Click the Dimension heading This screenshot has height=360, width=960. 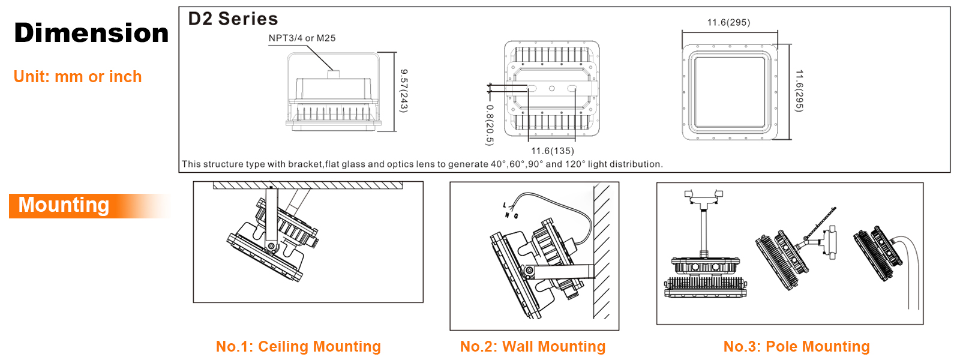tap(91, 33)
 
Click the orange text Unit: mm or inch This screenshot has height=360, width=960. tap(77, 77)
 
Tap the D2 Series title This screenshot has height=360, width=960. tap(233, 19)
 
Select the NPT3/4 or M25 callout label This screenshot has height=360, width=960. tap(302, 38)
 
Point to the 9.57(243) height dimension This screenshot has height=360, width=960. tap(403, 91)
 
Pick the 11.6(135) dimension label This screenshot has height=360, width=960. tap(553, 151)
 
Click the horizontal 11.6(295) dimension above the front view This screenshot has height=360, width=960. tap(728, 22)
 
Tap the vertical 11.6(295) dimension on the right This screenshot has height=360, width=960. tap(799, 91)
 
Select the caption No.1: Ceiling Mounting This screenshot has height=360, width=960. tap(298, 346)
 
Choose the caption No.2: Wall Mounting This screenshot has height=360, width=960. tap(533, 346)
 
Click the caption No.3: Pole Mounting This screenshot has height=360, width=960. tap(797, 346)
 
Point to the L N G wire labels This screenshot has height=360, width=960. tap(511, 211)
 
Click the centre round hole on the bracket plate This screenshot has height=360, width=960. tap(552, 88)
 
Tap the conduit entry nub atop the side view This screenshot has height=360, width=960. tap(333, 74)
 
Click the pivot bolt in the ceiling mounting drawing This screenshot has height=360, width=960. tap(271, 246)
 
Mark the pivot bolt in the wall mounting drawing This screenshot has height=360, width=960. tap(530, 271)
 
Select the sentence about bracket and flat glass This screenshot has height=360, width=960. tap(422, 164)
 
